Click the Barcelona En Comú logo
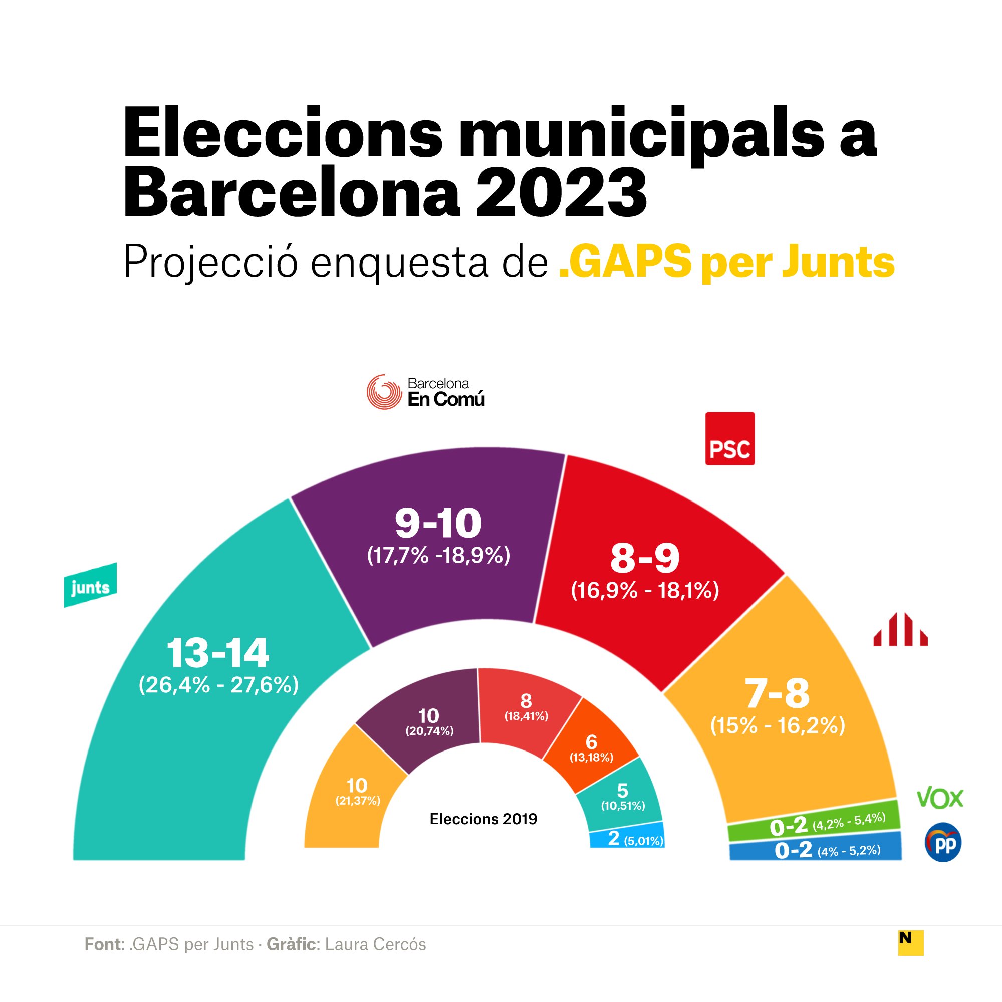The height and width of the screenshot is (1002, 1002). (x=425, y=392)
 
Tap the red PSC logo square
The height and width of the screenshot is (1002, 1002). (x=730, y=439)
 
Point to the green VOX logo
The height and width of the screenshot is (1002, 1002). (x=940, y=799)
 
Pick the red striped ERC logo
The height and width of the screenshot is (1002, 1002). (x=900, y=630)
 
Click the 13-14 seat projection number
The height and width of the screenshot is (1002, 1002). (x=218, y=653)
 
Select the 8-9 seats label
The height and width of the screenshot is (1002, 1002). (x=645, y=559)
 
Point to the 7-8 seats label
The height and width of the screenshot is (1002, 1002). (x=777, y=693)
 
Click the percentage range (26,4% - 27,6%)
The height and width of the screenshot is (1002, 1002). (x=218, y=685)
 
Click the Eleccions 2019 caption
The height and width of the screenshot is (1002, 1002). (x=483, y=819)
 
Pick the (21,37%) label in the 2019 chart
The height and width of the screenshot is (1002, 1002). (x=358, y=800)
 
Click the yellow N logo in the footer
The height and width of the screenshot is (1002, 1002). (x=911, y=943)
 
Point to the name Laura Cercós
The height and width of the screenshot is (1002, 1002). (x=375, y=944)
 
